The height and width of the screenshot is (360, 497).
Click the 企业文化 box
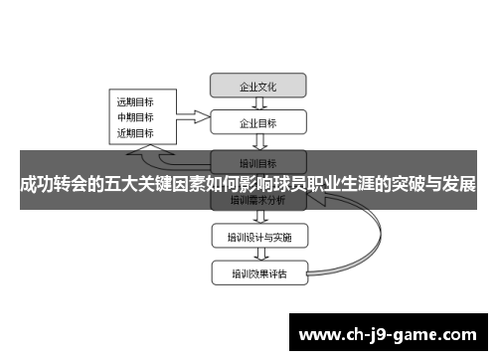click(x=258, y=87)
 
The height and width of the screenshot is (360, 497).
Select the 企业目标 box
click(x=258, y=124)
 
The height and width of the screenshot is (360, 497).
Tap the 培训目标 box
click(x=258, y=162)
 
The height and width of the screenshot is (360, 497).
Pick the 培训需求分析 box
click(x=258, y=200)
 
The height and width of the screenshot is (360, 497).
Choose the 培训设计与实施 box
click(x=258, y=237)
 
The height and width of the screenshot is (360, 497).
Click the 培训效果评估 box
click(x=258, y=272)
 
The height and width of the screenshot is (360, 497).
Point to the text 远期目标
click(x=135, y=101)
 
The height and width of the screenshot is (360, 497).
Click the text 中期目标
click(x=135, y=117)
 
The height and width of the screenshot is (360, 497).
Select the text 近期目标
click(x=135, y=133)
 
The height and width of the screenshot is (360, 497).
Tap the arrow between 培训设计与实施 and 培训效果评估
click(x=258, y=255)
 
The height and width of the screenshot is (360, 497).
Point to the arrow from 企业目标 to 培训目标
click(x=258, y=143)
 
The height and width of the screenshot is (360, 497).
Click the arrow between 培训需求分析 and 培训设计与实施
click(x=258, y=218)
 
